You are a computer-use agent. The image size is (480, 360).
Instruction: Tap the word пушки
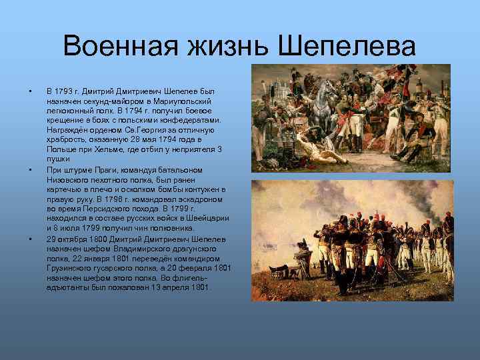coord(57,160)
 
